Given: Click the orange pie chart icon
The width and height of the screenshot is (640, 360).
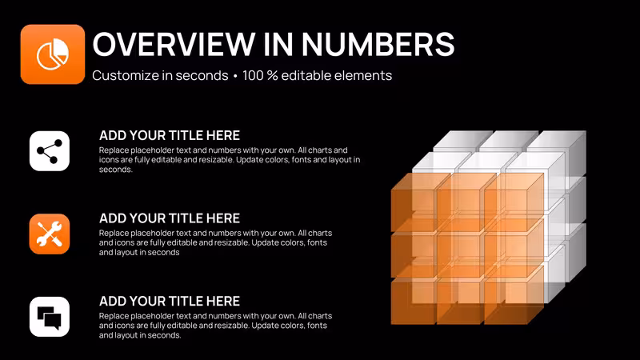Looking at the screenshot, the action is [x=53, y=54].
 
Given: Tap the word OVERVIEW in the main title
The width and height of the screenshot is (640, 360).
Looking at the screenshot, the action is [x=174, y=44].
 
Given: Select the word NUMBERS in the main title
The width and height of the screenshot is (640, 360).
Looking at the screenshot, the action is [x=378, y=44].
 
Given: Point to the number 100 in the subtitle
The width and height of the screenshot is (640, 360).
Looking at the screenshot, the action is [x=253, y=75].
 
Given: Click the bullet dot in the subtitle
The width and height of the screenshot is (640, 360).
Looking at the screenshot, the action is [x=235, y=76].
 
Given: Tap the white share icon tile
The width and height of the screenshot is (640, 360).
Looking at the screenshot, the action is [x=50, y=151].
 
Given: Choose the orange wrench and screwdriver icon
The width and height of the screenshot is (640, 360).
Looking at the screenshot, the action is [x=50, y=234].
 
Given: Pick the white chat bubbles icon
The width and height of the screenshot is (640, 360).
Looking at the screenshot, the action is [x=50, y=317].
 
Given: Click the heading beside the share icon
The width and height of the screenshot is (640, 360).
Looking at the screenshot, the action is [x=170, y=135].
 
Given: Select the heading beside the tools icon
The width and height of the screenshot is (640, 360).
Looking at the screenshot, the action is [x=170, y=218].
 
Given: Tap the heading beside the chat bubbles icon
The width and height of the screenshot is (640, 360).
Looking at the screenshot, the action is [x=170, y=302].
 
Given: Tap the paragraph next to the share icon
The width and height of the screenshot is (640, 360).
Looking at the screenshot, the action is [x=230, y=159].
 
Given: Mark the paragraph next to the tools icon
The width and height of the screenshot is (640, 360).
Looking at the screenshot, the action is [x=215, y=242].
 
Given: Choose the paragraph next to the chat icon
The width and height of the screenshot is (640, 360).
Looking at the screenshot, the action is [x=215, y=326].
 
